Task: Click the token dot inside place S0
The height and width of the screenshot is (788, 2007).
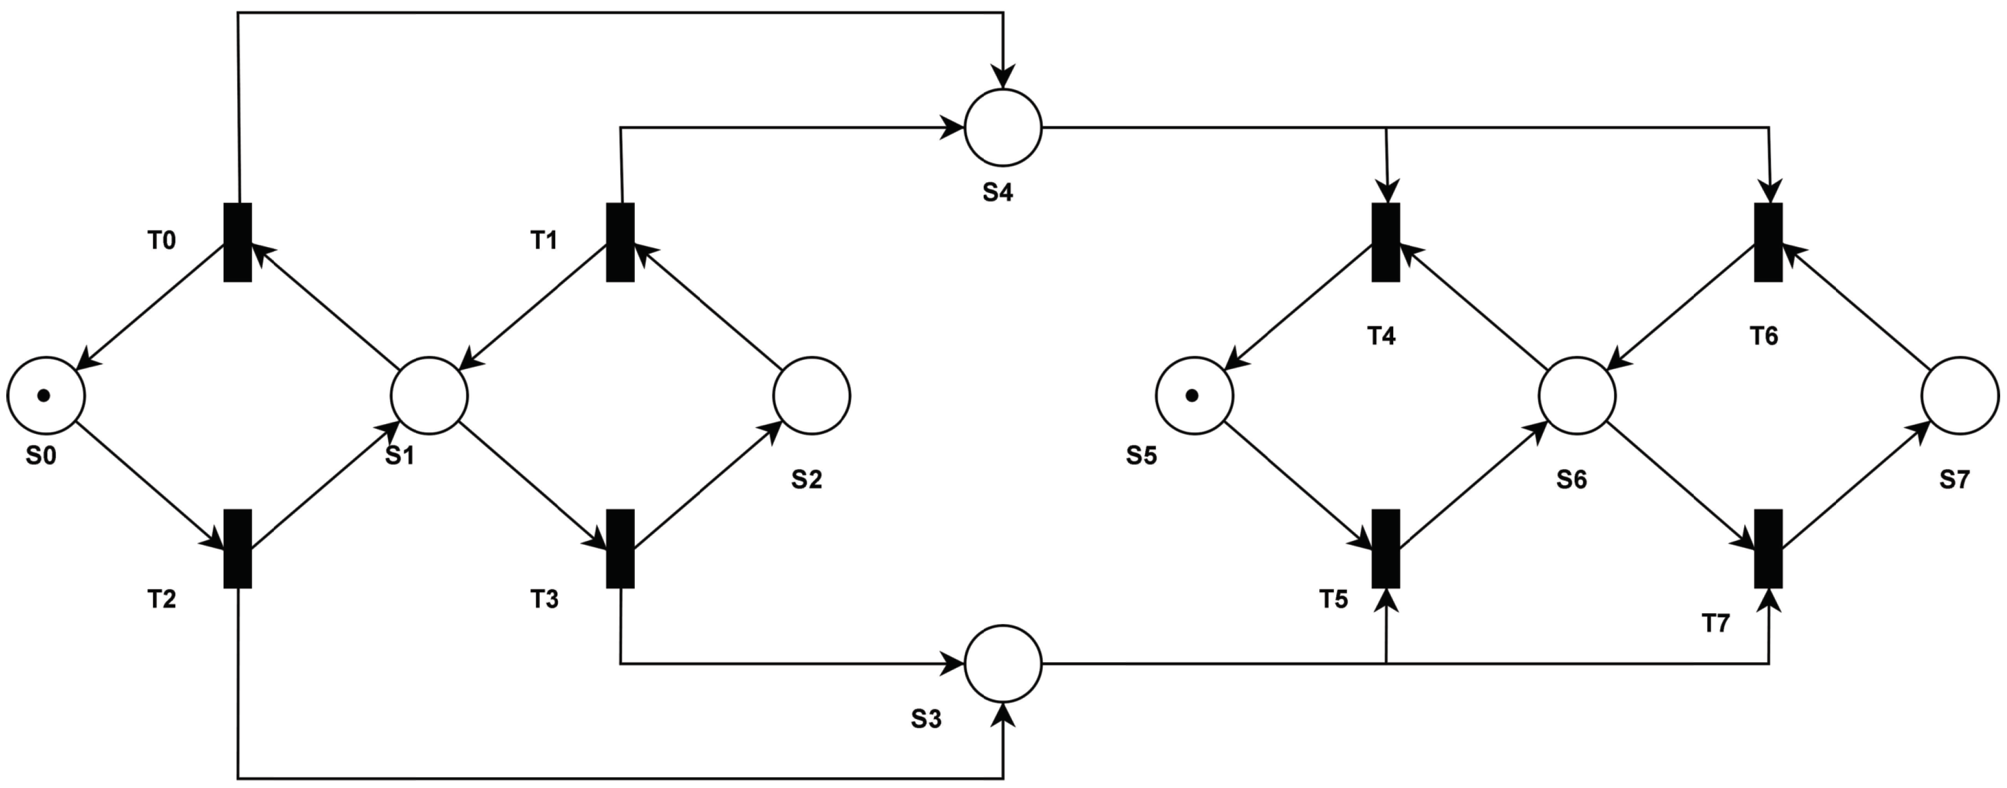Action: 44,395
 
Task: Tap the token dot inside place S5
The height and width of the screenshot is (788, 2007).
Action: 1192,396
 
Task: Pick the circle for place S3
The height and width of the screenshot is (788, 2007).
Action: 1003,663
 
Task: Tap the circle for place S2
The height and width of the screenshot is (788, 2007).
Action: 812,395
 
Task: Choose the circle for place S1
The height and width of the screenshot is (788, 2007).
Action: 430,395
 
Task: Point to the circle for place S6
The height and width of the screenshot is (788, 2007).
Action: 1577,395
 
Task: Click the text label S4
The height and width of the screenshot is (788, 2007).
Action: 997,192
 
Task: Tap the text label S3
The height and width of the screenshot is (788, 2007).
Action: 926,719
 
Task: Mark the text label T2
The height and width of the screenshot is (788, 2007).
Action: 162,600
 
